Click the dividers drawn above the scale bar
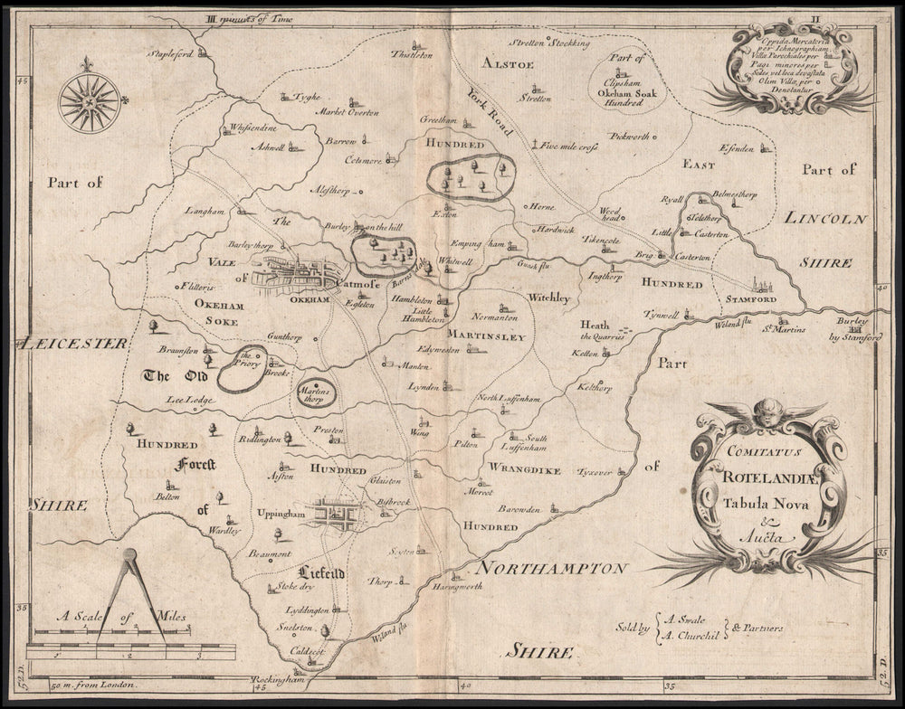click(x=129, y=597)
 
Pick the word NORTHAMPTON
click(x=550, y=569)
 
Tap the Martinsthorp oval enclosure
click(x=312, y=392)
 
